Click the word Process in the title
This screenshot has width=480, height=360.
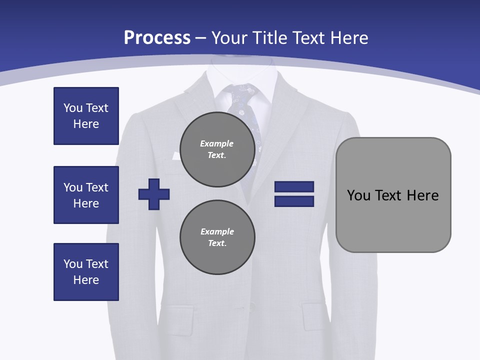coord(157,37)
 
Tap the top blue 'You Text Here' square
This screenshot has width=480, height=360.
coord(86,116)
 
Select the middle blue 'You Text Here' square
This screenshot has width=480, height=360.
coord(86,195)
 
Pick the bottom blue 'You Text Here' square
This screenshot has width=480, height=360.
coord(86,272)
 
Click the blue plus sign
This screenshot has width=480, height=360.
coord(154,194)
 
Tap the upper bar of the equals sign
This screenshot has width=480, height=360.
coord(294,186)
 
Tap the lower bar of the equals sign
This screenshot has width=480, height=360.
coord(294,201)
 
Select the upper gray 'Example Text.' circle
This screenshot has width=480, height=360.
coord(217,149)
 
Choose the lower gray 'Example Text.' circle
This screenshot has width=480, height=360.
coord(217,237)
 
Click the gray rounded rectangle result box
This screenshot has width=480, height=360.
coord(393,195)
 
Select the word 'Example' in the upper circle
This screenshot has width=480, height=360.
coord(217,143)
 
